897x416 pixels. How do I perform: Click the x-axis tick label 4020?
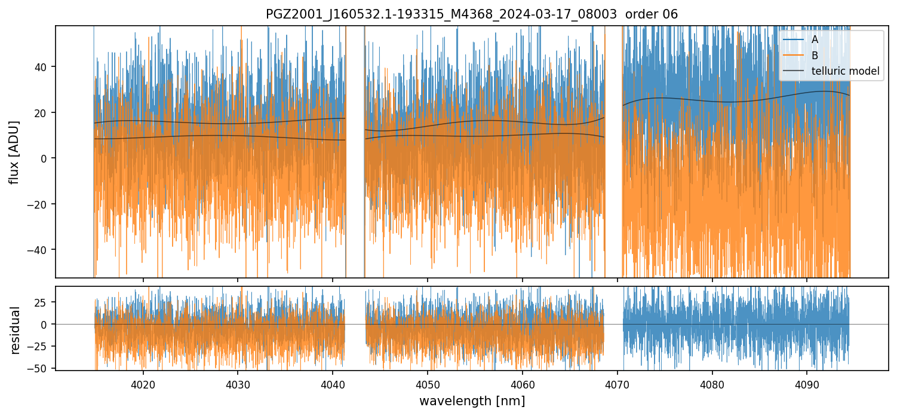pyautogui.click(x=143, y=385)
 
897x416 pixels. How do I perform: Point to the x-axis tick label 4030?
pyautogui.click(x=238, y=385)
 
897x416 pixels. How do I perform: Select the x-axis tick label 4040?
pyautogui.click(x=333, y=385)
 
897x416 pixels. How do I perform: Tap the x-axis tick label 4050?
pyautogui.click(x=428, y=385)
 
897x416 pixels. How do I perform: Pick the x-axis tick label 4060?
pyautogui.click(x=523, y=385)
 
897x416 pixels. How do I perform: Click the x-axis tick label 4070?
pyautogui.click(x=618, y=385)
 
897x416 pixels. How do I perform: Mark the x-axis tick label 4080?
pyautogui.click(x=712, y=385)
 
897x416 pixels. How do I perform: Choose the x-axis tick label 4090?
pyautogui.click(x=807, y=385)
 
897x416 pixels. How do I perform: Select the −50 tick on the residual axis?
pyautogui.click(x=41, y=369)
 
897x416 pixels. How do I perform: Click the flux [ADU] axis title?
pyautogui.click(x=14, y=152)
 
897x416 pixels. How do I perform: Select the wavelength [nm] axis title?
pyautogui.click(x=472, y=401)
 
